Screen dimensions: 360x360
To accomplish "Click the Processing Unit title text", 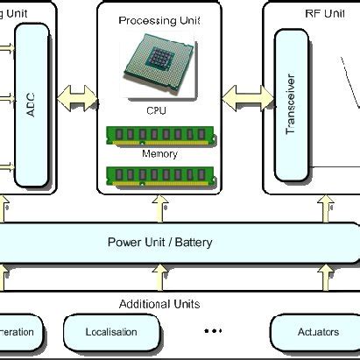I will pos(159,18).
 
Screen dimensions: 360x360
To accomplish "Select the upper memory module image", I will pos(159,135).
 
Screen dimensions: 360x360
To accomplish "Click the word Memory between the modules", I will pos(159,154).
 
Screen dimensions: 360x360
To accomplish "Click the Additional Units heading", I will pos(159,304).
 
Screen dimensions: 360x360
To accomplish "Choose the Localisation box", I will pos(111,333).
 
